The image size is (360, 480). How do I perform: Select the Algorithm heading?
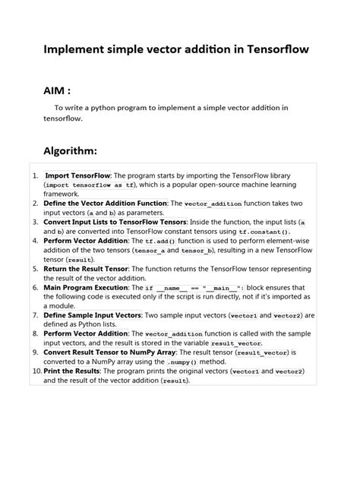[x=70, y=150]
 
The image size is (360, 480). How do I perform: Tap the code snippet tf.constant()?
[x=264, y=232]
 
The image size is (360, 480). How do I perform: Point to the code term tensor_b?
[x=197, y=250]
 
